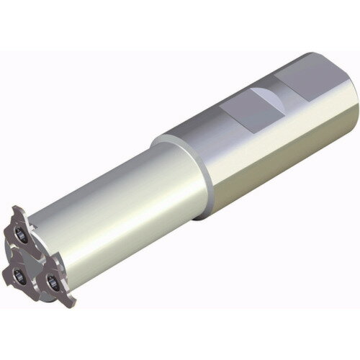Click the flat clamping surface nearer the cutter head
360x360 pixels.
tap(248, 109)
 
